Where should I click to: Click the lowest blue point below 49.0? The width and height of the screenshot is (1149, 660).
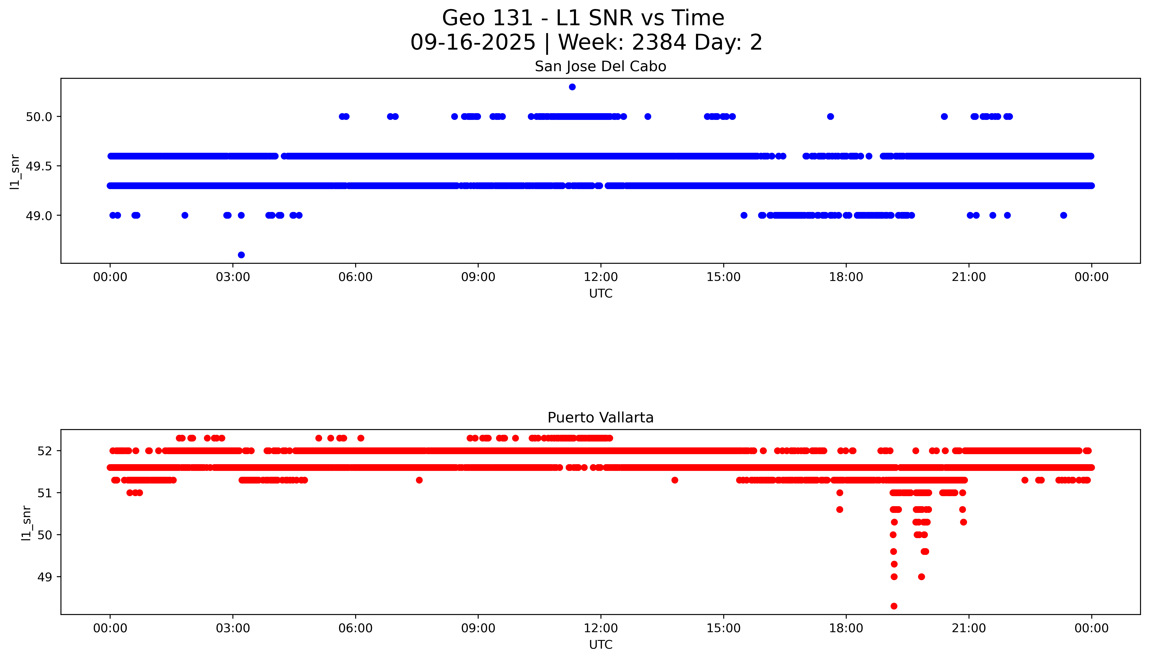[241, 255]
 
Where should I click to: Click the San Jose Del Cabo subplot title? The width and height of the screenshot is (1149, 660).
[600, 67]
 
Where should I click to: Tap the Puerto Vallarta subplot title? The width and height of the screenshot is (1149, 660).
[600, 418]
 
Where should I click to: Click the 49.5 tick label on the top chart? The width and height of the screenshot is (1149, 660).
[39, 166]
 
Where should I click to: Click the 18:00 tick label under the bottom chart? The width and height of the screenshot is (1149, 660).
[846, 628]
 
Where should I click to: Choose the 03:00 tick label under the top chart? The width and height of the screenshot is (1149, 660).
[233, 277]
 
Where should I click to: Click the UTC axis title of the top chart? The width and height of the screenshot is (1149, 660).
[601, 294]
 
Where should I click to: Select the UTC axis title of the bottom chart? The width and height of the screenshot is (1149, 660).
[601, 645]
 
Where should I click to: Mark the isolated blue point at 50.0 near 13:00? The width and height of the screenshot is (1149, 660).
[648, 116]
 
